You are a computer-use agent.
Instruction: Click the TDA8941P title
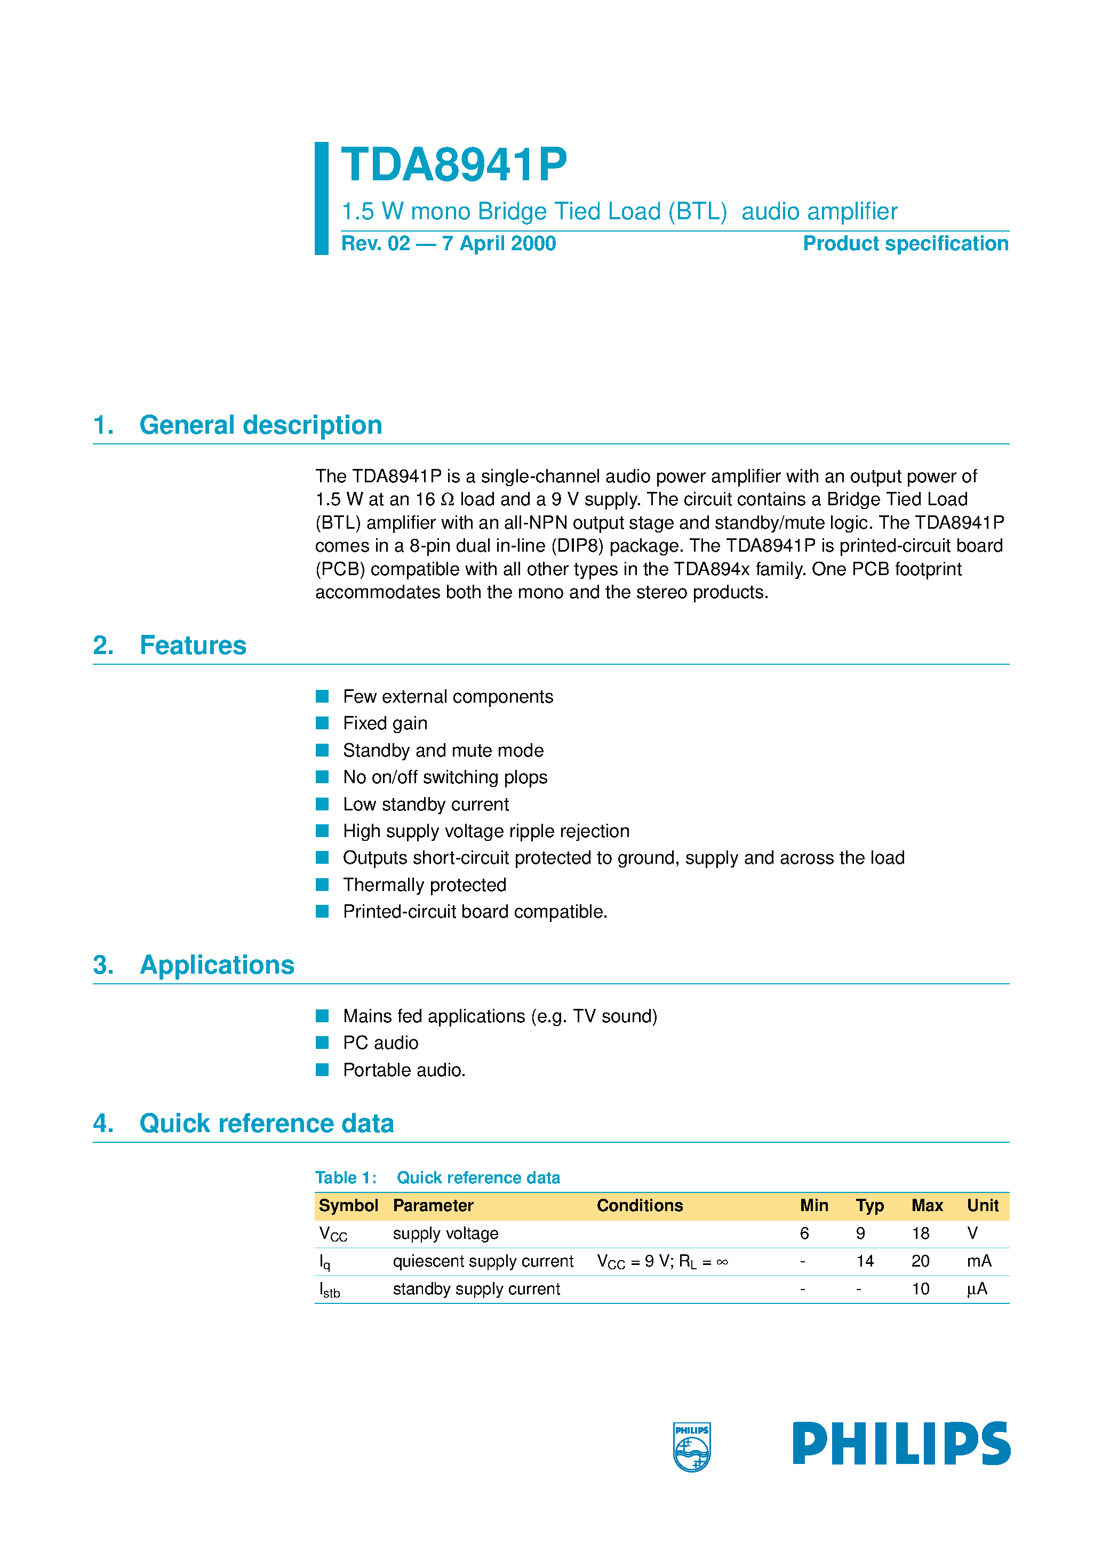pyautogui.click(x=453, y=165)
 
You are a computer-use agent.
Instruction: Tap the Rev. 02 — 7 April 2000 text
pyautogui.click(x=449, y=243)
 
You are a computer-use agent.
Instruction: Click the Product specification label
pyautogui.click(x=905, y=243)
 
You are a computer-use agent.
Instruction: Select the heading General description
pyautogui.click(x=260, y=425)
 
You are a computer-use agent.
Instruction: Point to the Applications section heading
pyautogui.click(x=217, y=965)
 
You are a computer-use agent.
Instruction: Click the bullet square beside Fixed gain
pyautogui.click(x=322, y=723)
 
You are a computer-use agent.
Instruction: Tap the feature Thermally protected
pyautogui.click(x=425, y=885)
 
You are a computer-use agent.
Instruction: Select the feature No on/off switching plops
pyautogui.click(x=445, y=777)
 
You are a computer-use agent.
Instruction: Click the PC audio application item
pyautogui.click(x=380, y=1043)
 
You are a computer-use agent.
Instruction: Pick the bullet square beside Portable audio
pyautogui.click(x=322, y=1070)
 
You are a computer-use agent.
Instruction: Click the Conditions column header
pyautogui.click(x=640, y=1205)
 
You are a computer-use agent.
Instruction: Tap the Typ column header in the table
pyautogui.click(x=869, y=1205)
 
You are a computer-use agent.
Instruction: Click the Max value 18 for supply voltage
pyautogui.click(x=920, y=1233)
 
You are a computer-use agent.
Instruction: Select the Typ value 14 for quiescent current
pyautogui.click(x=864, y=1261)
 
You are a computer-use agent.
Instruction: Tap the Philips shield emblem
pyautogui.click(x=692, y=1446)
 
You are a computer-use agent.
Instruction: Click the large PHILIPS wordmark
pyautogui.click(x=901, y=1443)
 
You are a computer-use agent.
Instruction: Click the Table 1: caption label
pyautogui.click(x=346, y=1177)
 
